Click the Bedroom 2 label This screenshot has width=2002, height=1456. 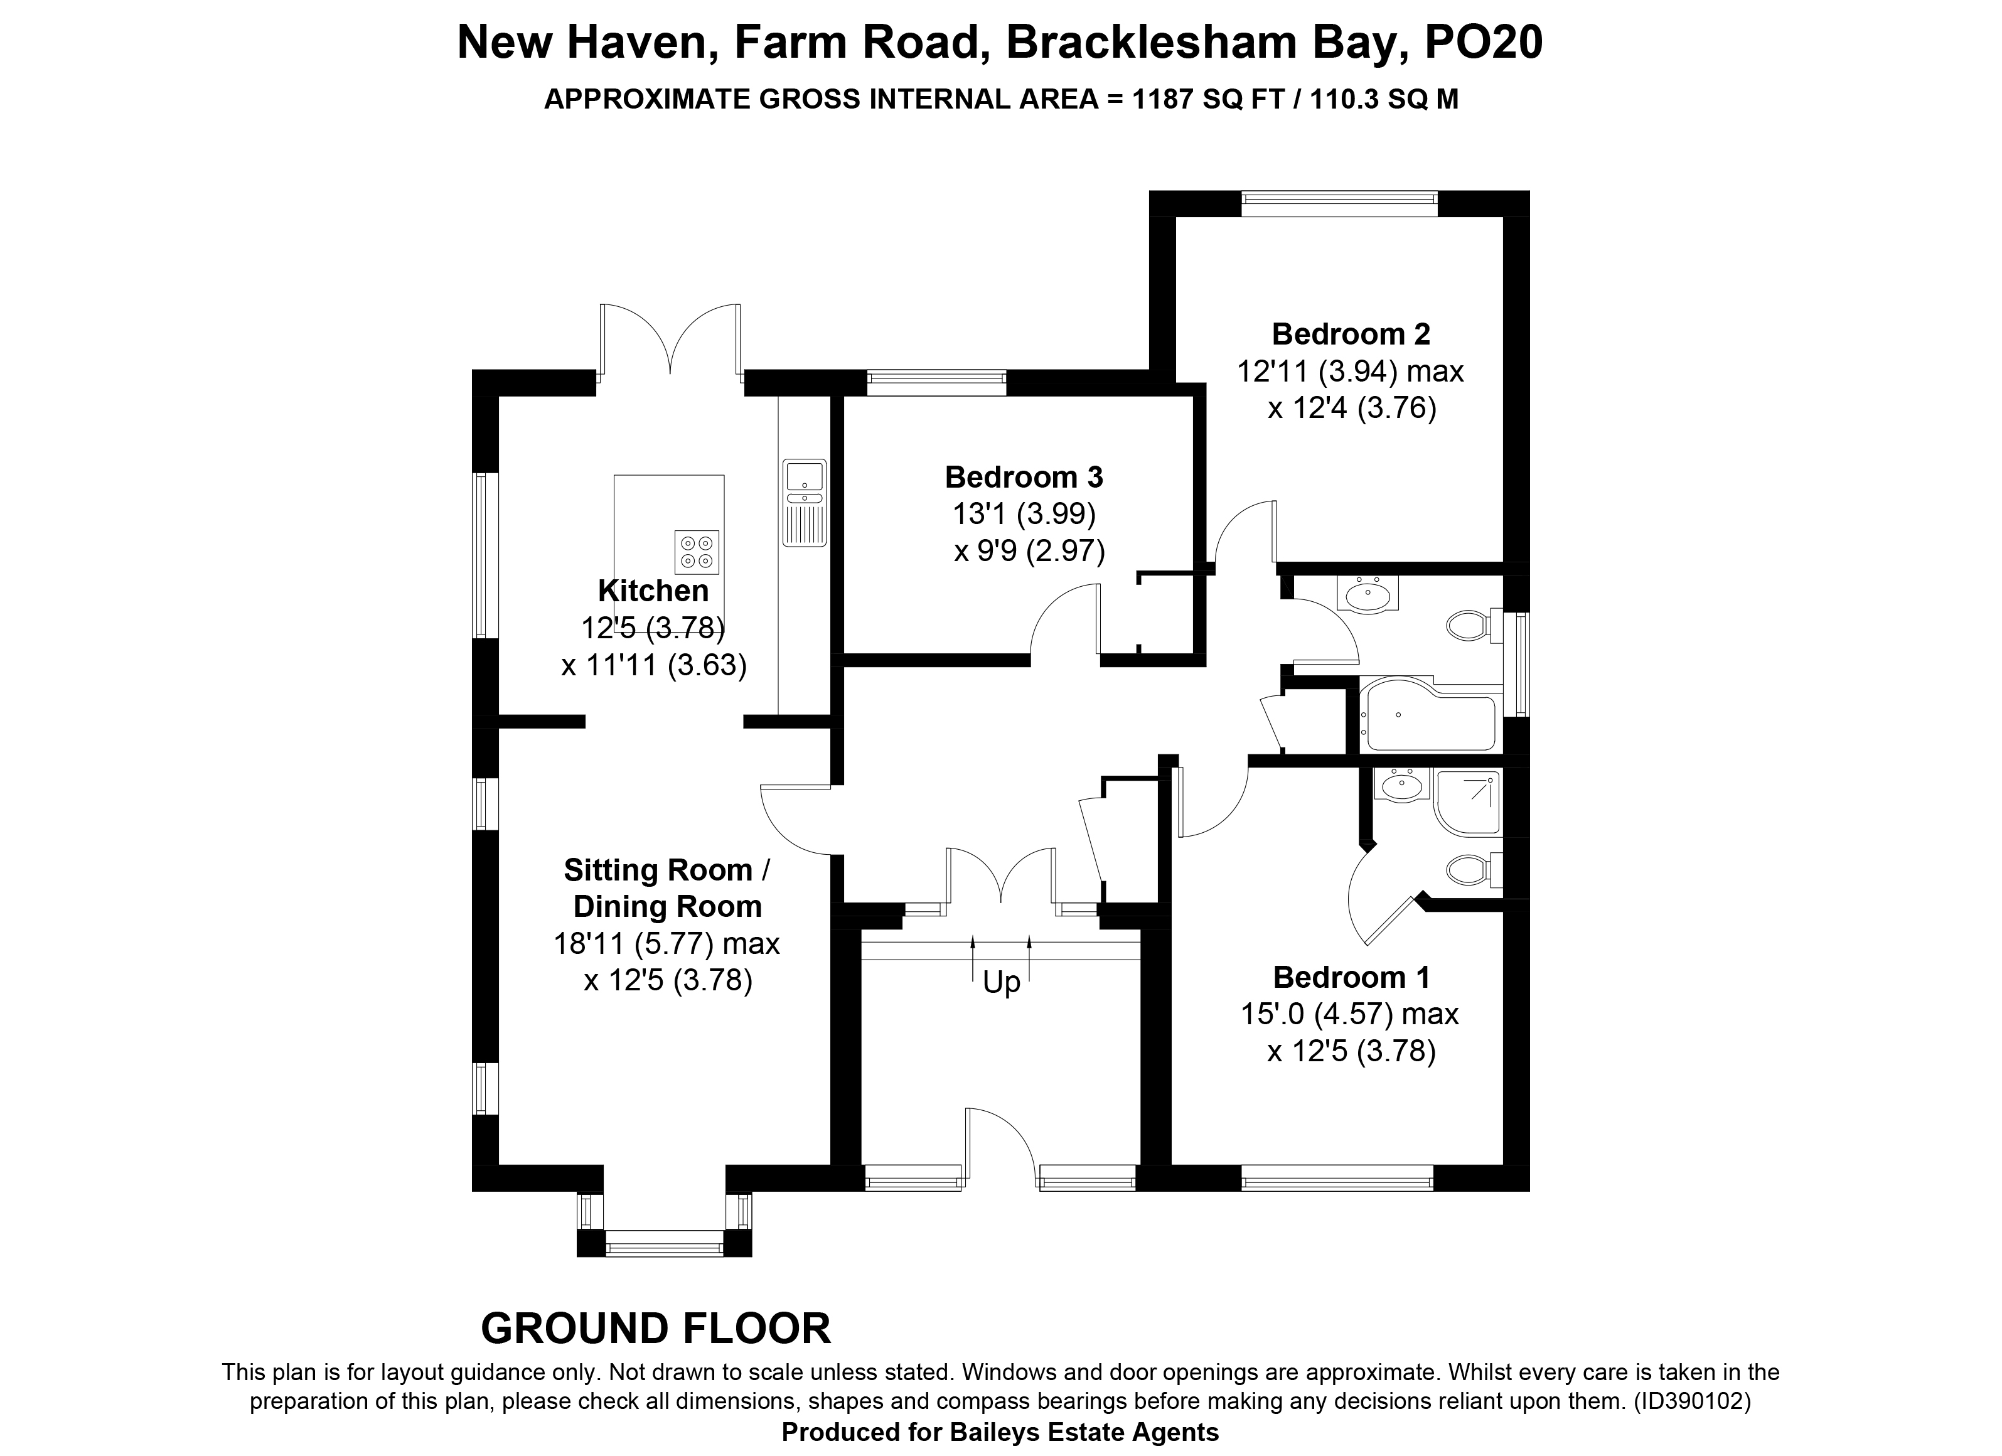1351,334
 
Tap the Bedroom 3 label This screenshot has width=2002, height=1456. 1024,477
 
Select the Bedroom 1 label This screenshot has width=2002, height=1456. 1351,977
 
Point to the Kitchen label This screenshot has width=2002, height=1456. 653,590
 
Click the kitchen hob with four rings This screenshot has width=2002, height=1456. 697,552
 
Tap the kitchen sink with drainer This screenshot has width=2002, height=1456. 804,503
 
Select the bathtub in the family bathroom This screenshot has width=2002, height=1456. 1428,714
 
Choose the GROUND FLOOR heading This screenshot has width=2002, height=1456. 656,1329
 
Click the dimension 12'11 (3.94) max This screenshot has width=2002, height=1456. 1350,371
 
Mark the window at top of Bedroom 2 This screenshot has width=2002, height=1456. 1339,204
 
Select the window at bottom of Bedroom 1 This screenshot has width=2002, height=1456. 1337,1178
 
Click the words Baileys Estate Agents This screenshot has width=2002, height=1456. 1083,1432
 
